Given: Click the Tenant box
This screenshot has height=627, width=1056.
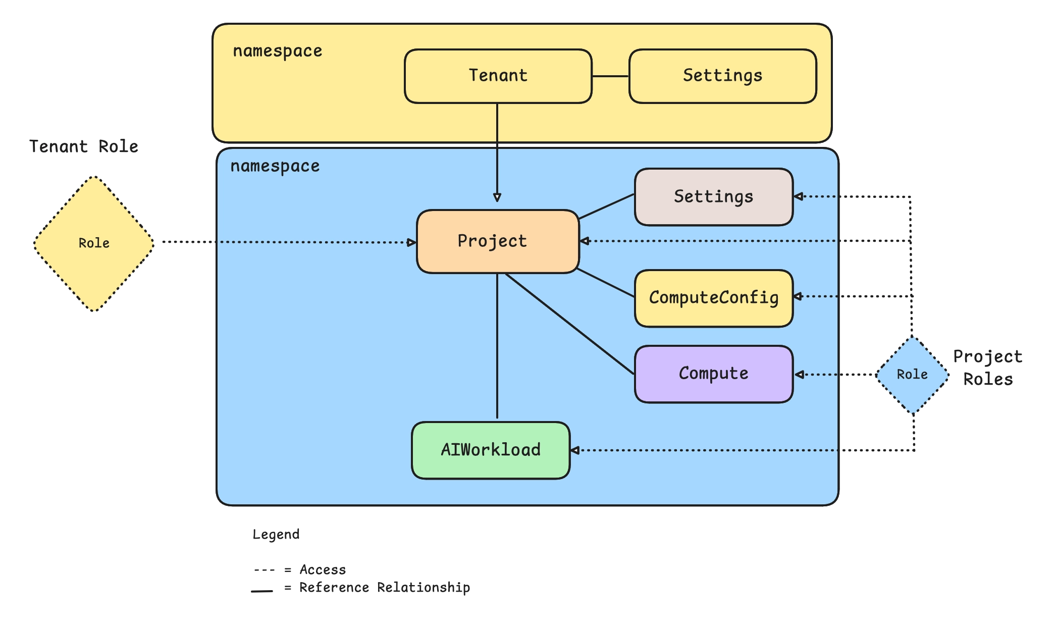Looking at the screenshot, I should click(x=498, y=76).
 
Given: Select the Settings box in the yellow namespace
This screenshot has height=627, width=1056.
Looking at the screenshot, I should click(x=722, y=76).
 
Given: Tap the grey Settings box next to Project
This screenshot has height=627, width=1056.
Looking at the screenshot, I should click(x=713, y=197).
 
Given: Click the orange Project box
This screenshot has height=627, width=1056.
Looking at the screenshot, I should click(x=497, y=241).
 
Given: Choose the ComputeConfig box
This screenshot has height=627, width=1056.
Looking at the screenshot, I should click(x=713, y=298).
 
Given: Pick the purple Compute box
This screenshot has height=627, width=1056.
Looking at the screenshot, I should click(x=713, y=374).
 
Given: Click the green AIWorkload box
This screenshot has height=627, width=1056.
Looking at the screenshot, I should click(x=491, y=450).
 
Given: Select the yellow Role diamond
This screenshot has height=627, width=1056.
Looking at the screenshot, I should click(x=94, y=243).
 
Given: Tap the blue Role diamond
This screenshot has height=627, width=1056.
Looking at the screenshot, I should click(x=912, y=375).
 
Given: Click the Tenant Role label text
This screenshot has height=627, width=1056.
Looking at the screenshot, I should click(x=84, y=146).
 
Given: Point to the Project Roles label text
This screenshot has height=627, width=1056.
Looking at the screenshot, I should click(x=988, y=368).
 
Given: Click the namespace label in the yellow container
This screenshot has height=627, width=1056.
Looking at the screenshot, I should click(x=278, y=51).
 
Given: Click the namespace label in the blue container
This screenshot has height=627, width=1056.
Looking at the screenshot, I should click(x=275, y=166).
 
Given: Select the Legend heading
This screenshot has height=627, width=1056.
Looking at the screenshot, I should click(x=276, y=535).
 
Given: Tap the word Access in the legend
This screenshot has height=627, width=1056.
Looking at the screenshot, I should click(x=323, y=570).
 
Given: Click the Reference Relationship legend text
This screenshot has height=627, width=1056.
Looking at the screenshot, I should click(x=385, y=588).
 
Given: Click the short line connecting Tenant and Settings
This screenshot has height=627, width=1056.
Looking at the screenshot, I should click(x=610, y=76).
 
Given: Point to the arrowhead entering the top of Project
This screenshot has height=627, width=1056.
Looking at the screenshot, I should click(x=497, y=198).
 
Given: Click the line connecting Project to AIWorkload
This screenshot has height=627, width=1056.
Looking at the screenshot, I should click(x=497, y=348).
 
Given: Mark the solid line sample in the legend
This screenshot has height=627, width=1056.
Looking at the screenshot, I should click(x=262, y=590).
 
